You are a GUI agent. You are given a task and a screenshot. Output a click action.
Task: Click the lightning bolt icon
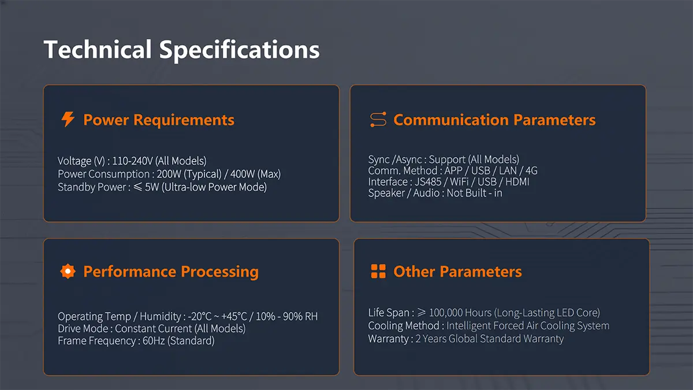point(68,119)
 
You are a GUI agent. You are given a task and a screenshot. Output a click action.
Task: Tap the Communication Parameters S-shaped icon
point(378,120)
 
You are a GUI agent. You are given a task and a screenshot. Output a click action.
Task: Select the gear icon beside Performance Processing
point(68,272)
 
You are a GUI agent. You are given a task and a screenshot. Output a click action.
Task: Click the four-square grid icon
point(378,272)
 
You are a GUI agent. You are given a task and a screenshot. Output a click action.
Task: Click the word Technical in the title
point(98,50)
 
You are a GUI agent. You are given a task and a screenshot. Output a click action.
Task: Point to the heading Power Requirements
point(159,120)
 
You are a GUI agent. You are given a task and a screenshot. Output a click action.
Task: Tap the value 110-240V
point(132,161)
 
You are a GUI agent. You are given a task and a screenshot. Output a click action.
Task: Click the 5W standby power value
point(152,187)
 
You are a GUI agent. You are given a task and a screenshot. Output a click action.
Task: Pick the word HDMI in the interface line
point(517,181)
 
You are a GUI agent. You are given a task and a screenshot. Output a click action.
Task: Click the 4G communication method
point(531,170)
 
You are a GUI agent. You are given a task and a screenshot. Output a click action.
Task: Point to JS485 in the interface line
point(428,181)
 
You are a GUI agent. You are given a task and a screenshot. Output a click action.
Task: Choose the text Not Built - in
point(474,193)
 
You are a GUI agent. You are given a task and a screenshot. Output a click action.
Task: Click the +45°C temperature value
point(234,317)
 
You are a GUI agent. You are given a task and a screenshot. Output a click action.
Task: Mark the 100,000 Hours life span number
point(460,313)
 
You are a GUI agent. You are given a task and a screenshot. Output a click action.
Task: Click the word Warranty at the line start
point(388,339)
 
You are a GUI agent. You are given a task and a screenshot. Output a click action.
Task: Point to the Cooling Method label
point(404,326)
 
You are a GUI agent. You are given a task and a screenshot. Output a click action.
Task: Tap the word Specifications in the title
point(240,50)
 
